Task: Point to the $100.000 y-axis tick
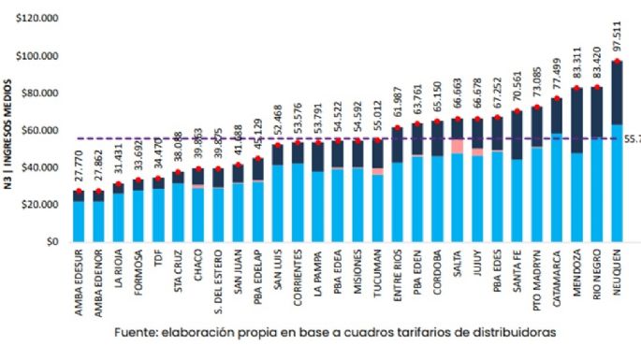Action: point(35,56)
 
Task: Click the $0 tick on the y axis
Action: point(52,241)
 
